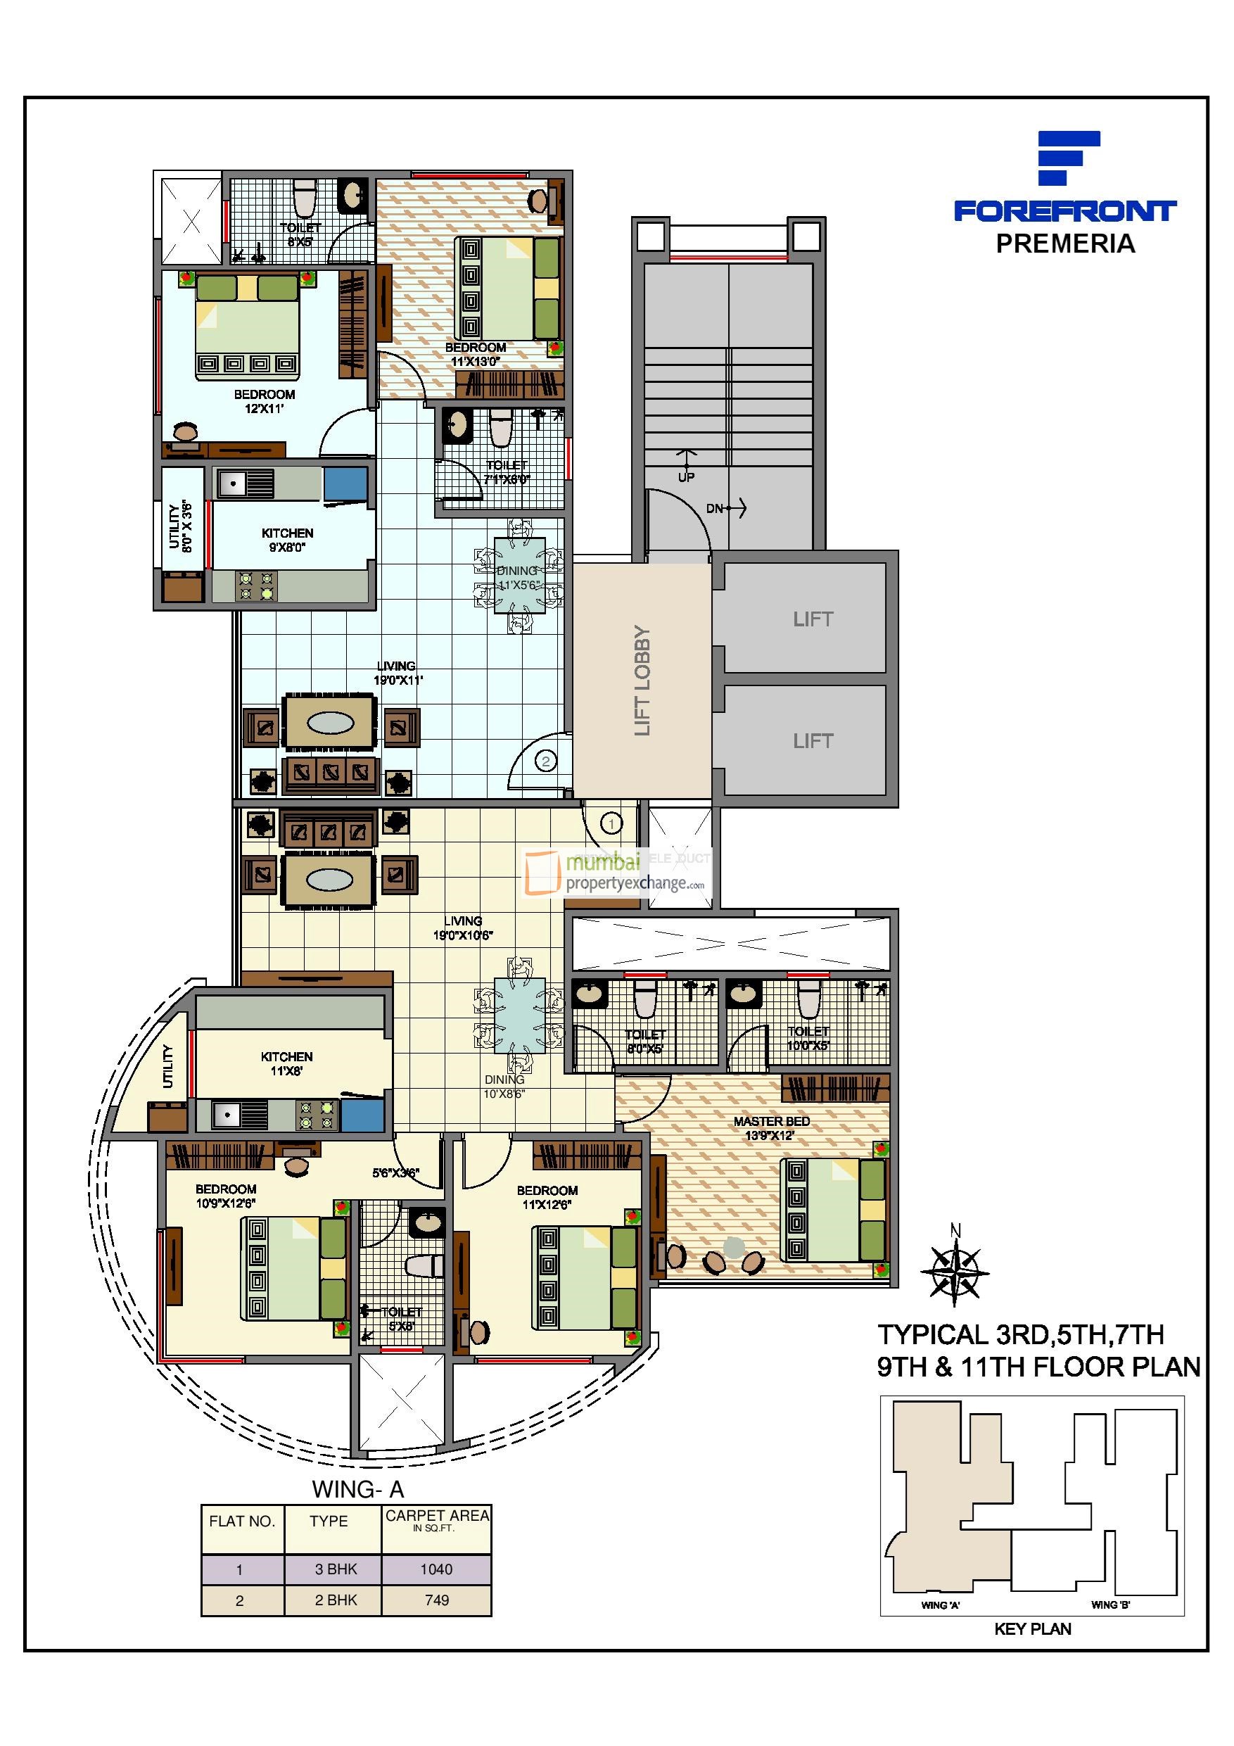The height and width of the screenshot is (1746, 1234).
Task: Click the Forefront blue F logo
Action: (1068, 158)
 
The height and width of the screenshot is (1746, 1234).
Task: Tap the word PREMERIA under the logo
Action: (1064, 244)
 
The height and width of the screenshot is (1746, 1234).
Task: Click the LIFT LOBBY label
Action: (642, 680)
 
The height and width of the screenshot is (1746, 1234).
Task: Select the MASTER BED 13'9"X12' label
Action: (771, 1127)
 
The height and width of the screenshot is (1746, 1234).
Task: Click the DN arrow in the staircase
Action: (727, 508)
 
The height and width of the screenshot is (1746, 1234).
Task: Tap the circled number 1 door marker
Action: (611, 822)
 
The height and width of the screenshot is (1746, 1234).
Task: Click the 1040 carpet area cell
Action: (435, 1569)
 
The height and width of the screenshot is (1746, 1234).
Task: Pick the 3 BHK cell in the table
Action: (336, 1569)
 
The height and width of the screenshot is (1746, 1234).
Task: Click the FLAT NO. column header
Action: (242, 1521)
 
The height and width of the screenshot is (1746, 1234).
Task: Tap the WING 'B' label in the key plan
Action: (1110, 1605)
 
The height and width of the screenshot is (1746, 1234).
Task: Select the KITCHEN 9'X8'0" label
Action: (288, 540)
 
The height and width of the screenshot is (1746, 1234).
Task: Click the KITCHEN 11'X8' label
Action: (286, 1063)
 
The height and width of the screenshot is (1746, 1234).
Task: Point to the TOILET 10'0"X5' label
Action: (808, 1038)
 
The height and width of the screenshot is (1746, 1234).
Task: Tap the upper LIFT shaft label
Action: (813, 619)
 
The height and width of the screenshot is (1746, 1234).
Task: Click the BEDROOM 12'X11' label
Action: (264, 400)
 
